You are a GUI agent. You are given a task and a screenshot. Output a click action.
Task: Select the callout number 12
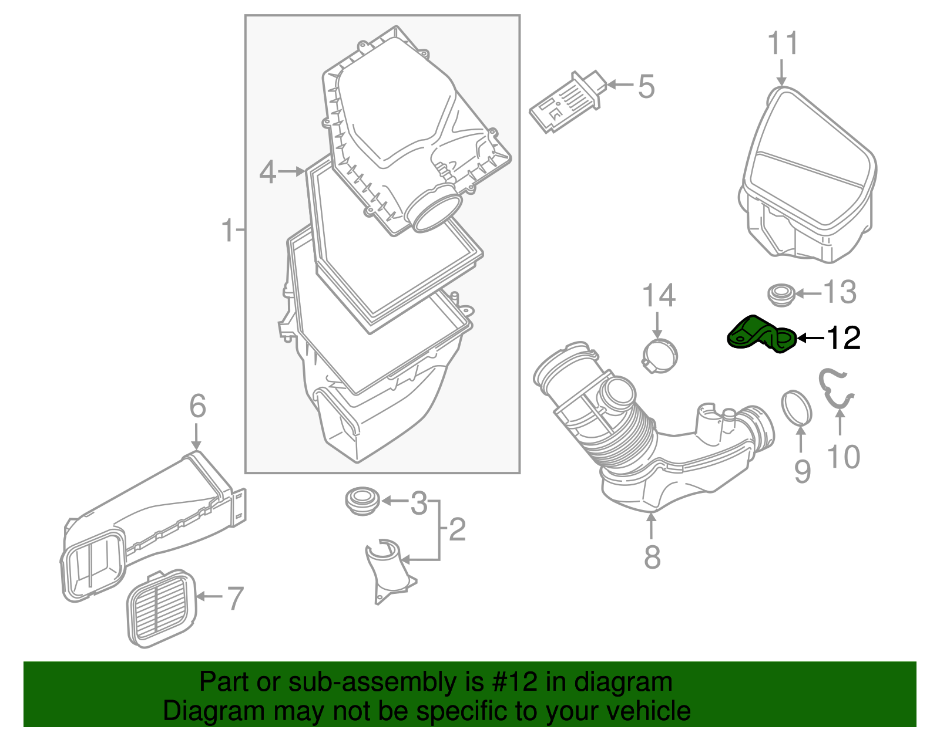click(844, 338)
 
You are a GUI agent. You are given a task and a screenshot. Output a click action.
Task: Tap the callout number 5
click(646, 87)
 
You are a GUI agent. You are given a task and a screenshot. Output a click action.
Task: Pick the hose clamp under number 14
click(659, 355)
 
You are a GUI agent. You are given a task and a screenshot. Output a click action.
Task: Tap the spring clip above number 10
click(835, 388)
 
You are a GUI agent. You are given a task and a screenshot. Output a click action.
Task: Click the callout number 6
click(197, 406)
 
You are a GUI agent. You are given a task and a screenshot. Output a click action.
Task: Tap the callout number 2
click(457, 529)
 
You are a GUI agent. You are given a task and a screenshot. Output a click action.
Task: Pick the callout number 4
click(268, 172)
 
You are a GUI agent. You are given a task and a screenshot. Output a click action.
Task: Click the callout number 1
click(228, 231)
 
